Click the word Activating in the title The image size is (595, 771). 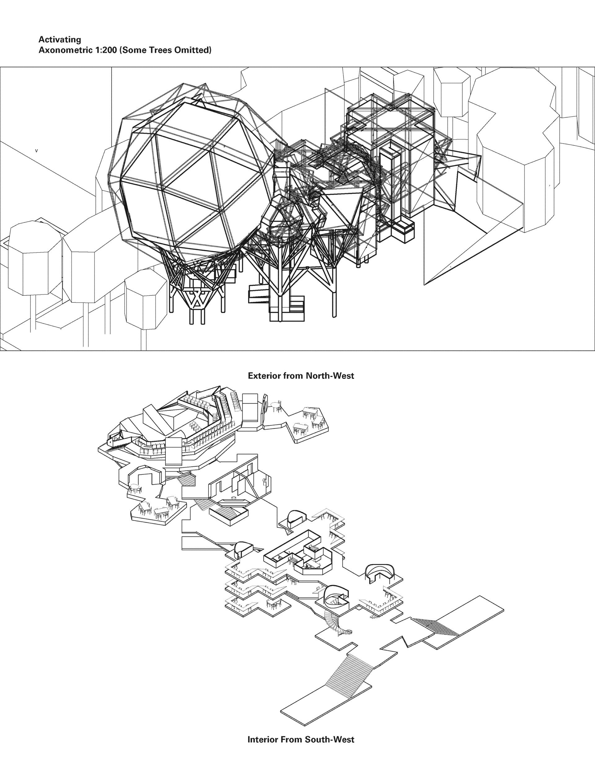(59, 39)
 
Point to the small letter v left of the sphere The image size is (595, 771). (36, 151)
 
